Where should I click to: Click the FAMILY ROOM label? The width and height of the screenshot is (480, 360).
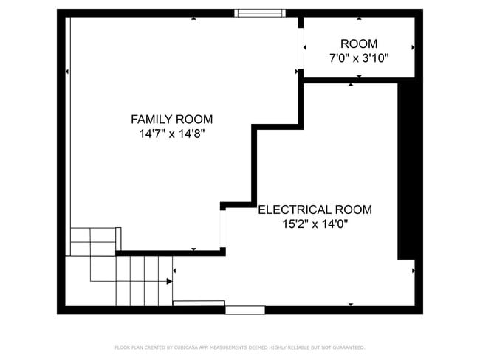pyautogui.click(x=171, y=119)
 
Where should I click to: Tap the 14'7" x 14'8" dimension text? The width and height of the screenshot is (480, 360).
pyautogui.click(x=171, y=134)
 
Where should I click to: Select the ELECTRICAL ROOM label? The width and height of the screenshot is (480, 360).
pyautogui.click(x=315, y=210)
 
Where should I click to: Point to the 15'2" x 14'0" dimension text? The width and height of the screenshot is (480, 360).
pyautogui.click(x=315, y=224)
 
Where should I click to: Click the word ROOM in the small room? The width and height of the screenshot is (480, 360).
pyautogui.click(x=358, y=44)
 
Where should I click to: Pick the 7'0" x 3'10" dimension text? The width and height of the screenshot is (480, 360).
pyautogui.click(x=358, y=58)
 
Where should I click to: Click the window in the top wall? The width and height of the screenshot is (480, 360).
pyautogui.click(x=259, y=13)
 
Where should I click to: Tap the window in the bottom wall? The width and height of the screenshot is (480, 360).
pyautogui.click(x=244, y=310)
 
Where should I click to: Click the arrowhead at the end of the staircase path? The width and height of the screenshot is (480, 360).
pyautogui.click(x=170, y=281)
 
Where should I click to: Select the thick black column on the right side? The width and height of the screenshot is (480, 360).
pyautogui.click(x=406, y=170)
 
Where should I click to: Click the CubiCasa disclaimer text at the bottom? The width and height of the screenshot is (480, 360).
pyautogui.click(x=239, y=347)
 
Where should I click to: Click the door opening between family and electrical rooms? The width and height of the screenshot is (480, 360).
pyautogui.click(x=222, y=229)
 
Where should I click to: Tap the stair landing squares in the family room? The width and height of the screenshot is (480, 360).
pyautogui.click(x=95, y=241)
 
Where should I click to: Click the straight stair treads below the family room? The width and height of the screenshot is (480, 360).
pyautogui.click(x=144, y=280)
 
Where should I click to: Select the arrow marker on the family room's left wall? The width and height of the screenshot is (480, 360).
pyautogui.click(x=67, y=72)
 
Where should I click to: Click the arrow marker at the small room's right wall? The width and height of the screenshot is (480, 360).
pyautogui.click(x=413, y=47)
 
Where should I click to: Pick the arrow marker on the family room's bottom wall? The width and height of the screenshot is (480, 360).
pyautogui.click(x=193, y=250)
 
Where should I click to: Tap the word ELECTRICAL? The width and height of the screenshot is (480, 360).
pyautogui.click(x=291, y=210)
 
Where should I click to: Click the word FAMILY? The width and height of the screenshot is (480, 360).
pyautogui.click(x=151, y=119)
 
